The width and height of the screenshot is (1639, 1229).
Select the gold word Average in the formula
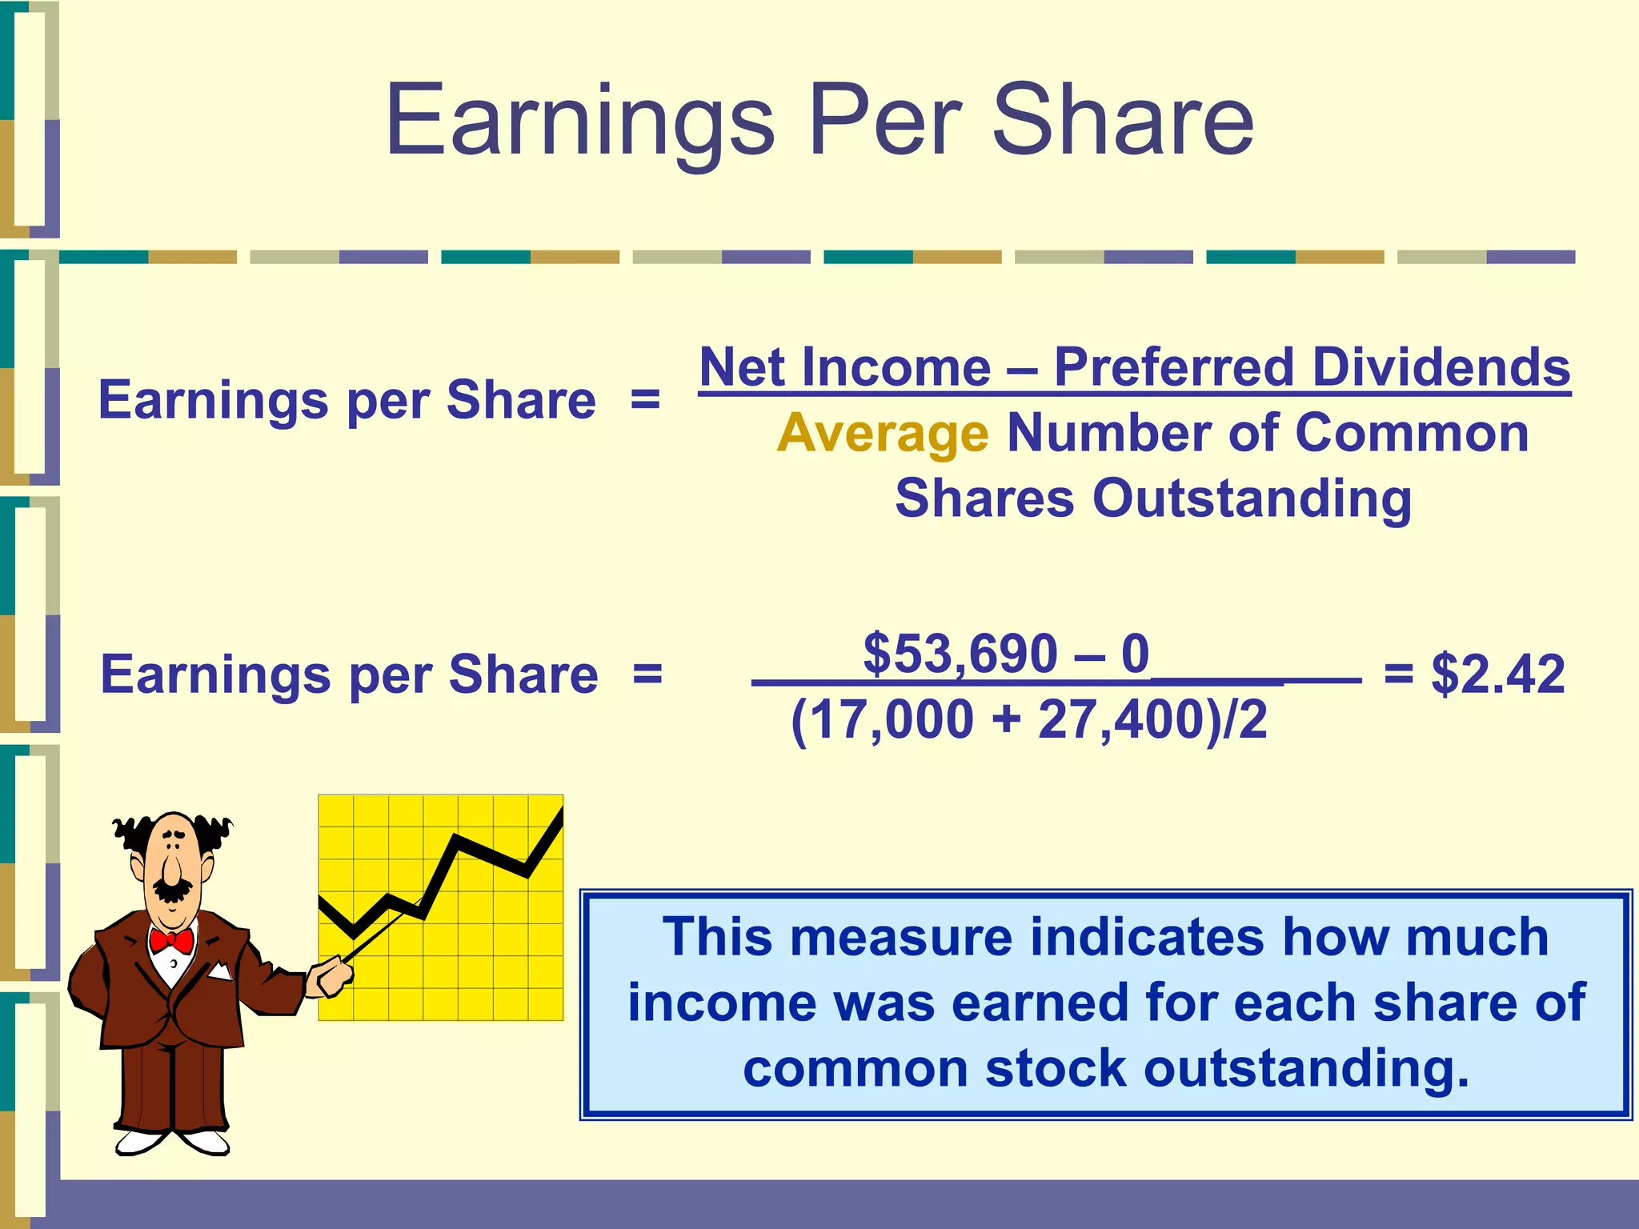point(883,434)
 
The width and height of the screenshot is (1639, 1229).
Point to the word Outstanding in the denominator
point(1252,498)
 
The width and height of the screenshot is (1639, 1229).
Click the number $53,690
point(960,654)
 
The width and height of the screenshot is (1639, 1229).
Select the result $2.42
point(1497,674)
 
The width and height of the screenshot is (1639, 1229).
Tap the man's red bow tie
point(171,940)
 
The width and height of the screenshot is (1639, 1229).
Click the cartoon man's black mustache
point(172,889)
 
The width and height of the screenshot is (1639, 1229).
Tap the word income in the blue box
point(701,1003)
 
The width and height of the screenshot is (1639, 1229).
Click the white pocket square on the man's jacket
point(218,972)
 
